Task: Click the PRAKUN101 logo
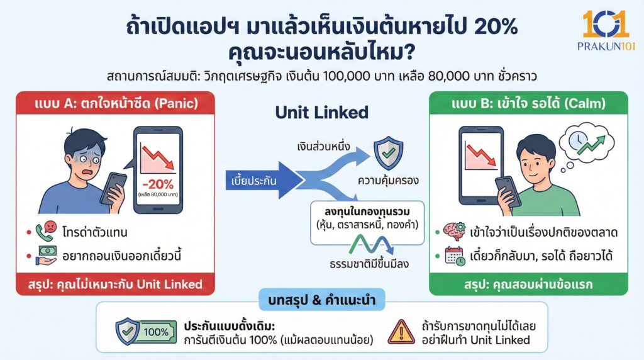click(x=604, y=30)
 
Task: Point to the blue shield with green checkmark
click(x=388, y=152)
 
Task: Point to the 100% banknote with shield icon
click(x=143, y=331)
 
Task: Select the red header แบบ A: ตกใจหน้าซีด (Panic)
click(x=115, y=103)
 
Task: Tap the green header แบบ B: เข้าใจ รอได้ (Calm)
click(x=528, y=103)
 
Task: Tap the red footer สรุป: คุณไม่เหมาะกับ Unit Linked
click(x=115, y=284)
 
